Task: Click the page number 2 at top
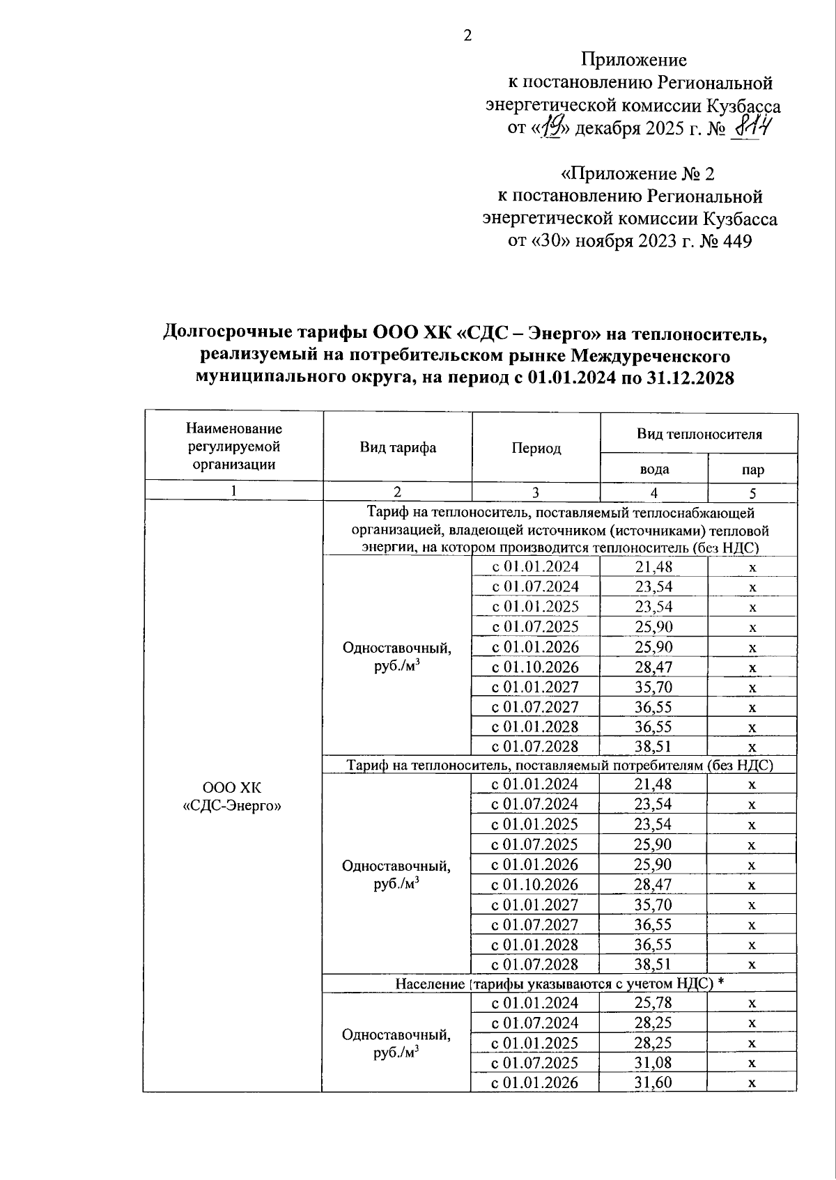pos(468,35)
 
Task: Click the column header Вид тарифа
pos(398,447)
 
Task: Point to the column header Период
pos(536,448)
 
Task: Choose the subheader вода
pos(654,469)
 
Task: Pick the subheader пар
pos(753,469)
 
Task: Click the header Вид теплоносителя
pos(699,434)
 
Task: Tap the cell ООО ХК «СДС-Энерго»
pos(232,797)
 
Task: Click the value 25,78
pos(653,1003)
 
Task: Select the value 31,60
pos(653,1082)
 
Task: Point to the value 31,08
pos(653,1062)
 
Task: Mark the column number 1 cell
pos(233,491)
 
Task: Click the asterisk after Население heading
pos(721,983)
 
